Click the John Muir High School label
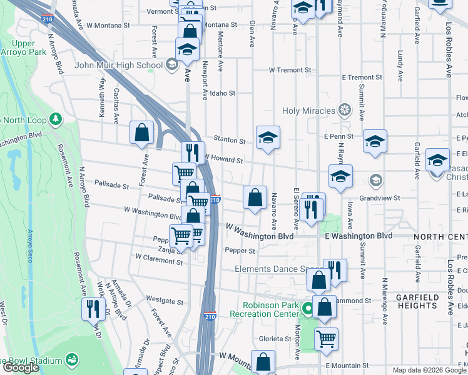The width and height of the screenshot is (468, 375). pos(119,64)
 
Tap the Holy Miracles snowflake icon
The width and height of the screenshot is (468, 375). pos(343,111)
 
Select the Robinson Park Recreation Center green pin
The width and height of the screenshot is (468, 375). pos(307,309)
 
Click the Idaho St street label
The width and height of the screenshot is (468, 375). pos(222,93)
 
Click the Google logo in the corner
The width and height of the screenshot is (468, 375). pos(21,367)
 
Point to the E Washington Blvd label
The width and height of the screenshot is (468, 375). pos(359,236)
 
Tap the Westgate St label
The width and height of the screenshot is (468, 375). pos(165,301)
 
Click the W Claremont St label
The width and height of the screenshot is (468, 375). pos(160,257)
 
